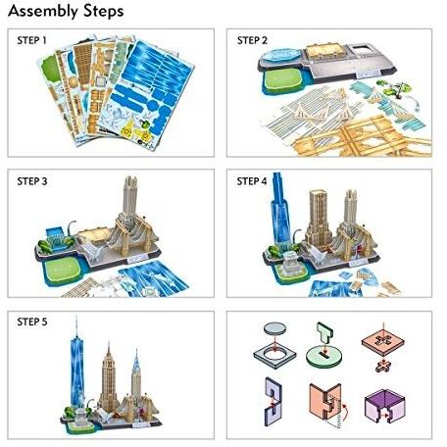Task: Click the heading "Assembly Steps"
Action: pos(66,11)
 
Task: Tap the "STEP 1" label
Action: pos(31,40)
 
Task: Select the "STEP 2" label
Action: pos(252,40)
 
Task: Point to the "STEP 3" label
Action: pos(32,181)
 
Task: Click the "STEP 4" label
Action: pos(252,181)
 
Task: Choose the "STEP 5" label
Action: pos(32,322)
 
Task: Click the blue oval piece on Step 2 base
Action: pos(281,55)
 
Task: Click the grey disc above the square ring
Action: pos(275,328)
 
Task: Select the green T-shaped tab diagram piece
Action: pos(325,333)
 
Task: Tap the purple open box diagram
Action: pos(384,406)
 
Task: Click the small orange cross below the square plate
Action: pos(383,367)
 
